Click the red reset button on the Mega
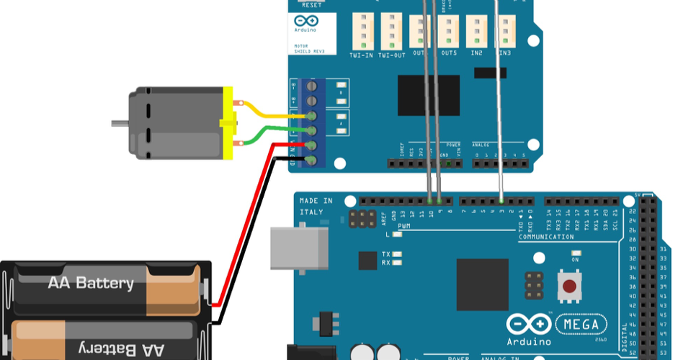569,286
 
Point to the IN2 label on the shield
476,53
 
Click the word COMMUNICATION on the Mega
546,236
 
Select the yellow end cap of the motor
228,123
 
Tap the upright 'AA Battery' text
91,283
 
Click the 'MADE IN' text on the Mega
316,201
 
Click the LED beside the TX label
397,254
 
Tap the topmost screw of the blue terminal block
312,87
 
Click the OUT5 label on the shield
449,53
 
